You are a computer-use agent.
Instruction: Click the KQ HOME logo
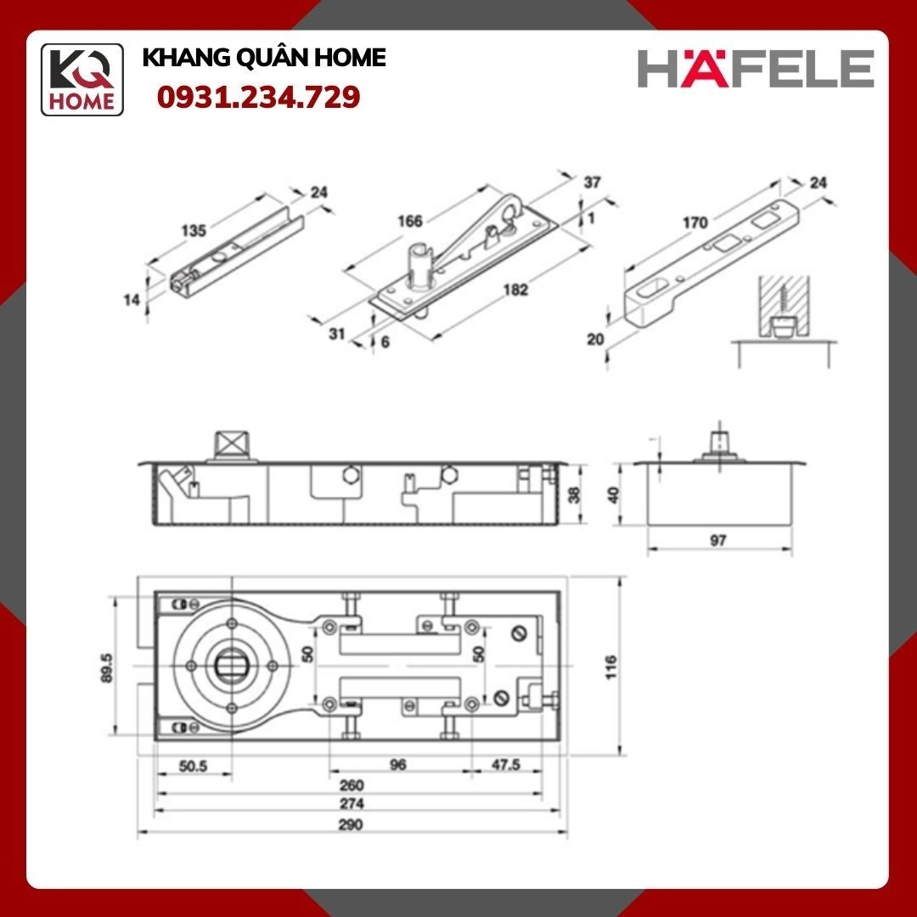82,80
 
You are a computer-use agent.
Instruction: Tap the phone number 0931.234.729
258,97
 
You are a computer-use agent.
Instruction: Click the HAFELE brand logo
756,69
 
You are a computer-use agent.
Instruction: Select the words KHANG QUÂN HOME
264,58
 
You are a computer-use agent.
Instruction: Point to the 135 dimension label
194,230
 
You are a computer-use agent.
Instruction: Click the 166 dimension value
410,221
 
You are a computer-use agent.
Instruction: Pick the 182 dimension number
515,290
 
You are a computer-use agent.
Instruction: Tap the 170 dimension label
695,222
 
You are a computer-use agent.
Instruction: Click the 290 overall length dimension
351,824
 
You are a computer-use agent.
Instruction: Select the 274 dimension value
352,803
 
